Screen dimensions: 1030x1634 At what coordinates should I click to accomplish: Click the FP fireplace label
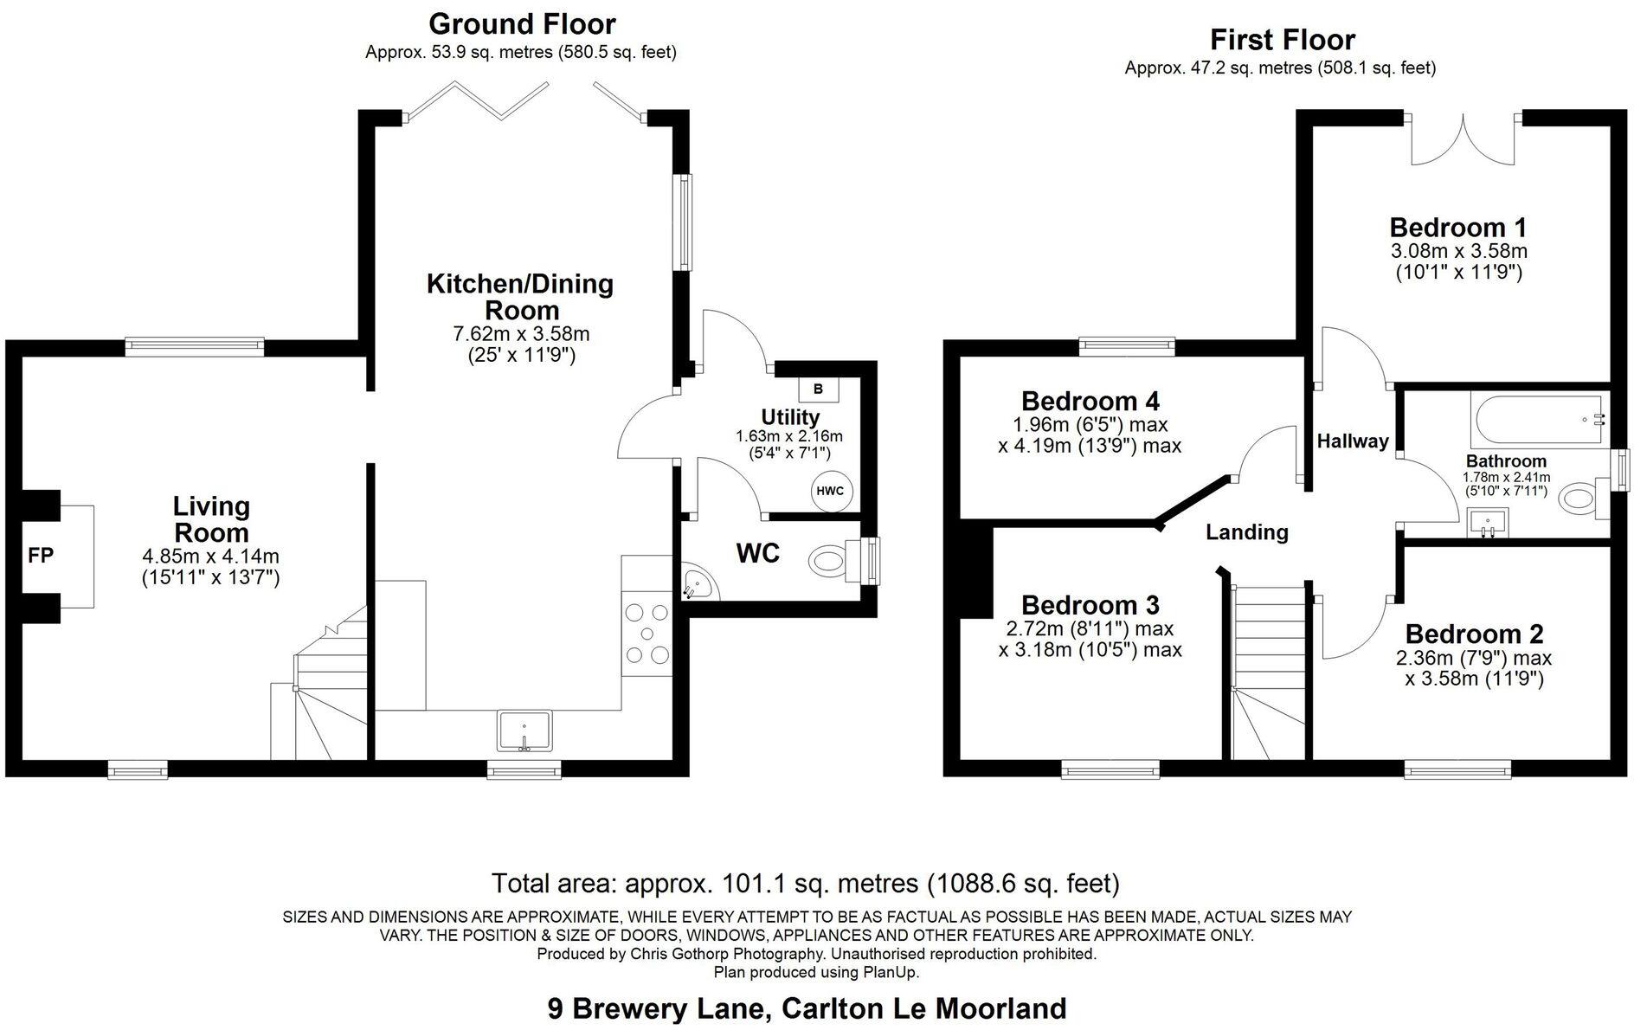pyautogui.click(x=41, y=556)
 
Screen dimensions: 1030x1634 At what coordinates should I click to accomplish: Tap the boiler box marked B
pyautogui.click(x=818, y=389)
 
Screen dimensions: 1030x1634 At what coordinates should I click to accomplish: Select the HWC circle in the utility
pyautogui.click(x=831, y=492)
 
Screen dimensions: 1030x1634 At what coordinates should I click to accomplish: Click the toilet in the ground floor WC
pyautogui.click(x=831, y=561)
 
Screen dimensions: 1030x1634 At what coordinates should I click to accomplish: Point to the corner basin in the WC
pyautogui.click(x=698, y=583)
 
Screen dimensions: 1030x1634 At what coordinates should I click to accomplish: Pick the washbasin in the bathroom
pyautogui.click(x=1489, y=523)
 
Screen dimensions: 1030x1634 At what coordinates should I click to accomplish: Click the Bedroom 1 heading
pyautogui.click(x=1458, y=228)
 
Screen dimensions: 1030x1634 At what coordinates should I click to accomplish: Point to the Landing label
pyautogui.click(x=1247, y=532)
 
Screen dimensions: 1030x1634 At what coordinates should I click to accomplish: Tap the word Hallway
pyautogui.click(x=1353, y=441)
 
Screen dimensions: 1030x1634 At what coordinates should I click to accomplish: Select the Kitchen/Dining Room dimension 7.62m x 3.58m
pyautogui.click(x=521, y=333)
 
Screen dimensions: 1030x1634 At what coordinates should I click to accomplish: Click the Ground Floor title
pyautogui.click(x=522, y=23)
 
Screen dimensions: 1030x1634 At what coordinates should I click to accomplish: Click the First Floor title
pyautogui.click(x=1282, y=40)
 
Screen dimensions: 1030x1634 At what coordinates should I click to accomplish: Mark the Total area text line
pyautogui.click(x=805, y=884)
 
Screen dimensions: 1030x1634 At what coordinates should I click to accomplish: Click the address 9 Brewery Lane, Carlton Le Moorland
pyautogui.click(x=807, y=1008)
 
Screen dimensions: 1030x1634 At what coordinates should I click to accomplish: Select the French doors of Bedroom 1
pyautogui.click(x=1463, y=138)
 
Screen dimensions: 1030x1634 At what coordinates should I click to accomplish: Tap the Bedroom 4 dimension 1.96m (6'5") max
pyautogui.click(x=1090, y=425)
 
